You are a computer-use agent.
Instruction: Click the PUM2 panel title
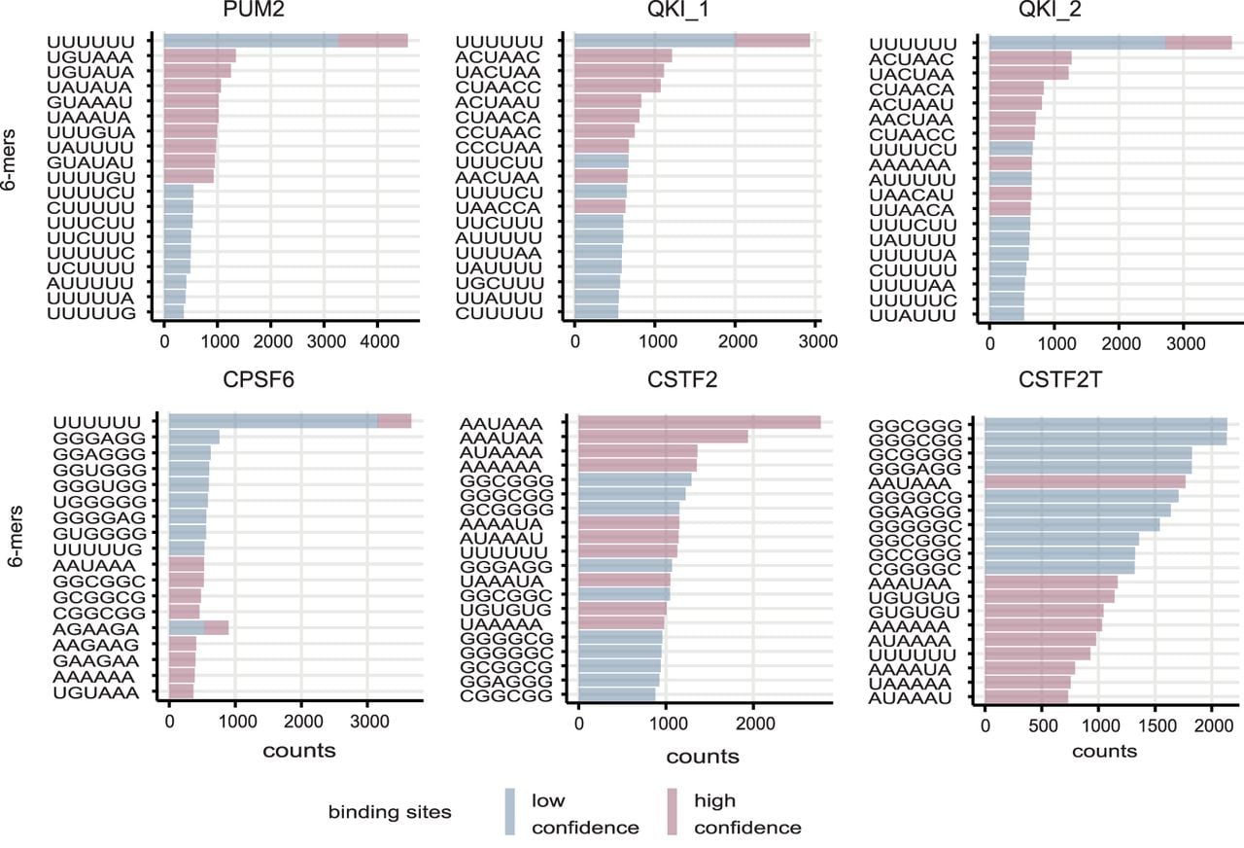coord(254,10)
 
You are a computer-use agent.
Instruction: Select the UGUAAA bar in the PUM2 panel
coord(200,56)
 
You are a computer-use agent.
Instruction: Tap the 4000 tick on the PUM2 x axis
coord(379,341)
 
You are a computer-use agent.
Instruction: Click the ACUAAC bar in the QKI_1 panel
coord(623,56)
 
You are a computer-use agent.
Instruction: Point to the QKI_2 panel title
coord(1050,10)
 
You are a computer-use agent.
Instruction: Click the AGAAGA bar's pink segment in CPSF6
coord(217,628)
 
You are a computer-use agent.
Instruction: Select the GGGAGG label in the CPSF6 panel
coord(99,438)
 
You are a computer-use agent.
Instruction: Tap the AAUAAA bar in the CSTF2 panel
coord(700,422)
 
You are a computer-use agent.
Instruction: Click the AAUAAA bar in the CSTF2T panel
coord(1086,481)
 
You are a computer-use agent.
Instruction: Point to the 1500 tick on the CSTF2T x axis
coord(1156,725)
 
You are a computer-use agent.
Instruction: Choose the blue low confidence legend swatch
coord(510,812)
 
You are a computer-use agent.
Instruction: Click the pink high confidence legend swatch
coord(672,812)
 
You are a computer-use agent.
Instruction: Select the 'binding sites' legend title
coord(390,812)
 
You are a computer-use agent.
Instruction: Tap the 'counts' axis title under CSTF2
coord(703,757)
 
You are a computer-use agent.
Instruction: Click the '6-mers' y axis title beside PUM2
coord(9,160)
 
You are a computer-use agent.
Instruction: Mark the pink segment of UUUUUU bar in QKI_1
coord(773,41)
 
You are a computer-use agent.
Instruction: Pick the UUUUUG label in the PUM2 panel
coord(91,313)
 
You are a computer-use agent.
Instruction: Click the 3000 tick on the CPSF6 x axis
coord(369,722)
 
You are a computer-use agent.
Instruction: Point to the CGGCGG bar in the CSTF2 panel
coord(617,695)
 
